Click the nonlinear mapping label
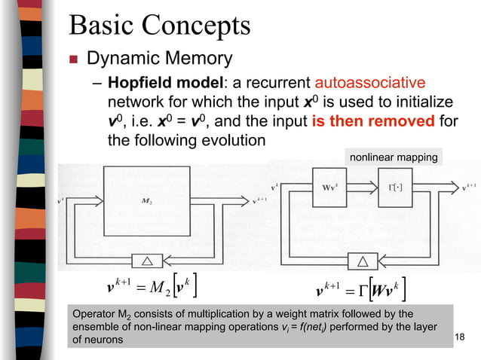(x=393, y=157)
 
